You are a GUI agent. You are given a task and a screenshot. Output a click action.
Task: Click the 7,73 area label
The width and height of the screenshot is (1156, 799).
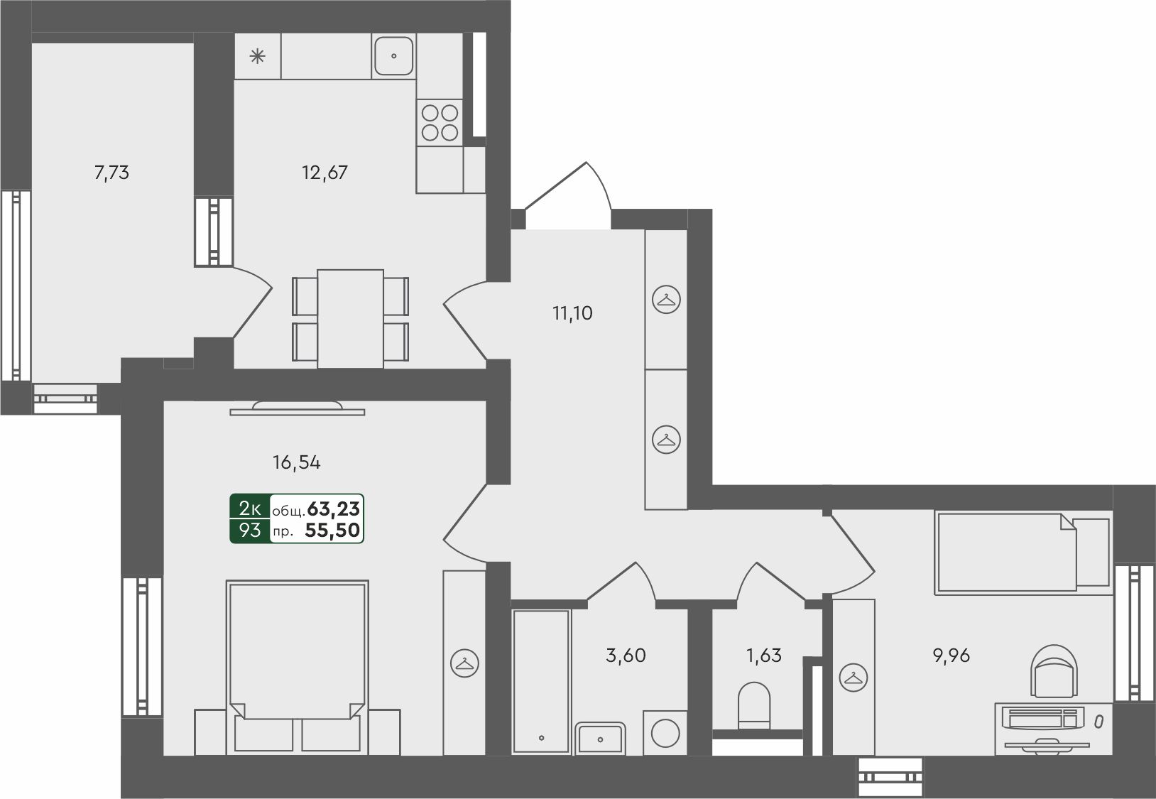[111, 173]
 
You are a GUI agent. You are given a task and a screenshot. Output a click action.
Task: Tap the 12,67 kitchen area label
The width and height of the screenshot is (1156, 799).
[325, 173]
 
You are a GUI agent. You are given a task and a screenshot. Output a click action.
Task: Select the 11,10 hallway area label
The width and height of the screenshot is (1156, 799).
[572, 312]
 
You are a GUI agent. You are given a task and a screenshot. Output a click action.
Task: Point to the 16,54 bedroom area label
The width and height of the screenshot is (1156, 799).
[296, 462]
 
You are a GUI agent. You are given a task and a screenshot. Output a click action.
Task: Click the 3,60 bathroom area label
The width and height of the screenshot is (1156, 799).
[626, 655]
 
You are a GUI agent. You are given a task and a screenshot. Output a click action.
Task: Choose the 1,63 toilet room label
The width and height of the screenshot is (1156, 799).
[764, 655]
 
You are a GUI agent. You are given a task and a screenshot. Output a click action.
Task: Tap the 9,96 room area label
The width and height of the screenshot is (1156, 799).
[951, 655]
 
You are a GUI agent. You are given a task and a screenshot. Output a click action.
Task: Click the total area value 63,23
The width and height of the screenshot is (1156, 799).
[334, 509]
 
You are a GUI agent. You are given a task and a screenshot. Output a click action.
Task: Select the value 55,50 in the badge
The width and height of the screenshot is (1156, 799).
[332, 530]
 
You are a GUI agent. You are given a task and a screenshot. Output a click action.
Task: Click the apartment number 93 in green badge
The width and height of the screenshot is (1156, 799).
[250, 530]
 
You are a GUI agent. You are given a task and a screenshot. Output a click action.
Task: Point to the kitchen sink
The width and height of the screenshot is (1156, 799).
[394, 55]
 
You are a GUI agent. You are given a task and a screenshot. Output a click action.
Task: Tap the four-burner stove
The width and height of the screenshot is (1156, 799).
[440, 123]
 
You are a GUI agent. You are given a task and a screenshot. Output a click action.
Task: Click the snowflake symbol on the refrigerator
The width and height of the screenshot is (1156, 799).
[258, 55]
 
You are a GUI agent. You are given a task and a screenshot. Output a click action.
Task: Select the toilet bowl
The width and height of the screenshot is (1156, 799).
[754, 705]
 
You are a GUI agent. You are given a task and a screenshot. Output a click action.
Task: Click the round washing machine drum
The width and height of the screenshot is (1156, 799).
[665, 733]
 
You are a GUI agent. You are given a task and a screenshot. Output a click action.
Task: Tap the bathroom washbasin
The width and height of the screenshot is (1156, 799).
[600, 739]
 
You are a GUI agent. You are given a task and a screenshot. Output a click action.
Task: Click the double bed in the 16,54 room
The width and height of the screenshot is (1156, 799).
[298, 667]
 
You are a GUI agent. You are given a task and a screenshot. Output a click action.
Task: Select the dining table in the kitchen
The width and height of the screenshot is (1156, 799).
[350, 319]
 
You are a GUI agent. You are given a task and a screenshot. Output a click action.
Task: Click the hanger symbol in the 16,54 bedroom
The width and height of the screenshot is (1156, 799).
[464, 663]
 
